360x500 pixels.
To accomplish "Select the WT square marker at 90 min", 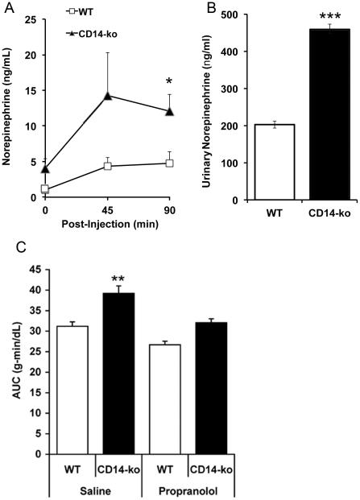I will point(171,163).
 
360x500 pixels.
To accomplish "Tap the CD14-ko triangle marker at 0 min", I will point(45,169).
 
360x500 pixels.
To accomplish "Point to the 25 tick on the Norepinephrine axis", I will point(30,20).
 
